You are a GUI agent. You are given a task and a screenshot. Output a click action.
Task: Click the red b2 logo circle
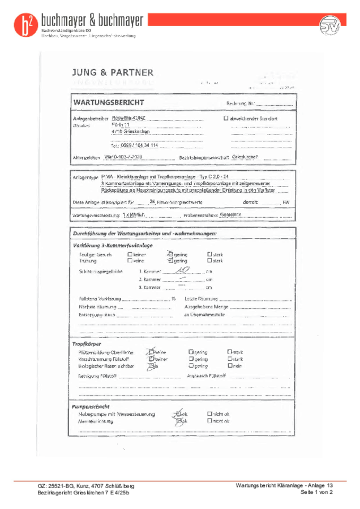pyautogui.click(x=24, y=25)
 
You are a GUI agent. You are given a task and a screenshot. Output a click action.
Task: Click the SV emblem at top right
pyautogui.click(x=330, y=25)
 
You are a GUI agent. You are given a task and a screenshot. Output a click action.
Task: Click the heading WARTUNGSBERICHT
pyautogui.click(x=108, y=102)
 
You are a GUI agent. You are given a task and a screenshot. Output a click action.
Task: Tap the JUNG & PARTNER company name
pyautogui.click(x=112, y=73)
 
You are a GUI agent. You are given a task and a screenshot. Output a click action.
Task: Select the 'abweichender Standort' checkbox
pyautogui.click(x=226, y=119)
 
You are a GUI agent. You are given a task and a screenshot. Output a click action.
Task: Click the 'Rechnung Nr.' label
pyautogui.click(x=237, y=103)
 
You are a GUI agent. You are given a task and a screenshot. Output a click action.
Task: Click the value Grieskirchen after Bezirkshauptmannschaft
pyautogui.click(x=245, y=156)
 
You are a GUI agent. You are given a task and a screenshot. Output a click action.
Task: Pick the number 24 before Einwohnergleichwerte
pyautogui.click(x=152, y=201)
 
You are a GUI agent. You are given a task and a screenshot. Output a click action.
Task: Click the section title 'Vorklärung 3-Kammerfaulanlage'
pyautogui.click(x=112, y=245)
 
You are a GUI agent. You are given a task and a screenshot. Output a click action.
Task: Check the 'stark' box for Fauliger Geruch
pyautogui.click(x=209, y=255)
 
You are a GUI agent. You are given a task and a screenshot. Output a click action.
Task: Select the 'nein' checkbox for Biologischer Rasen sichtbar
pyautogui.click(x=229, y=366)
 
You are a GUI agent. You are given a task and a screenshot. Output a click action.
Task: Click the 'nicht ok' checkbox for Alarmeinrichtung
pyautogui.click(x=209, y=420)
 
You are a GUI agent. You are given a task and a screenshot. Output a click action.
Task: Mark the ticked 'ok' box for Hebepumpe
pyautogui.click(x=176, y=414)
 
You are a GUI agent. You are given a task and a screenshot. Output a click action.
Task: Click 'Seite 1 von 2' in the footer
pyautogui.click(x=316, y=493)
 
